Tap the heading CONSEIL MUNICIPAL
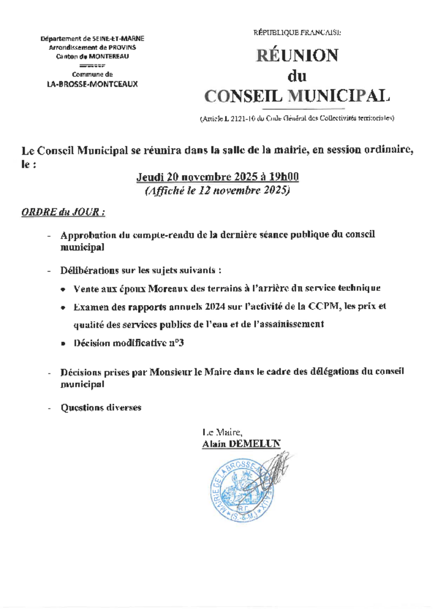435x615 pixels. pyautogui.click(x=297, y=96)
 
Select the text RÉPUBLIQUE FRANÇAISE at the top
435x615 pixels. pyautogui.click(x=297, y=32)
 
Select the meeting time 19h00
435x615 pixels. pyautogui.click(x=286, y=178)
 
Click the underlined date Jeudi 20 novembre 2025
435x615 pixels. pyautogui.click(x=199, y=178)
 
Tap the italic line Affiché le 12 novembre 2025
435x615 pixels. pyautogui.click(x=217, y=191)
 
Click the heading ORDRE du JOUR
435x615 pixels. pyautogui.click(x=63, y=212)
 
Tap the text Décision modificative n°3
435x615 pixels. pyautogui.click(x=129, y=343)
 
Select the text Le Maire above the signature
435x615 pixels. pyautogui.click(x=222, y=433)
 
